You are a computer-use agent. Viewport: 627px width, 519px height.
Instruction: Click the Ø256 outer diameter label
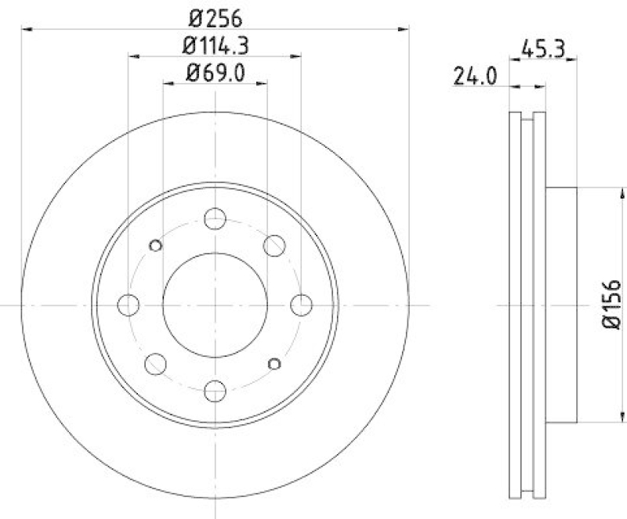pyautogui.click(x=215, y=16)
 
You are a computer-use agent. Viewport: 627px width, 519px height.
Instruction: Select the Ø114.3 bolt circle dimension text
pyautogui.click(x=215, y=45)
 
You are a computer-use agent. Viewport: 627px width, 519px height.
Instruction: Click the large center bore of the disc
pyautogui.click(x=215, y=304)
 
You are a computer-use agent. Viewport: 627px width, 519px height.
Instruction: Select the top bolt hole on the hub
pyautogui.click(x=215, y=218)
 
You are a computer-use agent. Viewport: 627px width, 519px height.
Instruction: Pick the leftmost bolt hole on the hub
pyautogui.click(x=129, y=304)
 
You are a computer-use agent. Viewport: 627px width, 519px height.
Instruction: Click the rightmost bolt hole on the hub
pyautogui.click(x=301, y=304)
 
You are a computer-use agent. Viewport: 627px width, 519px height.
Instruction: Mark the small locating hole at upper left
pyautogui.click(x=155, y=245)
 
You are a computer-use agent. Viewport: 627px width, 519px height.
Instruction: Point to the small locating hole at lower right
pyautogui.click(x=274, y=362)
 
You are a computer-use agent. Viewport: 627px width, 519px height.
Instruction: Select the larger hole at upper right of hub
pyautogui.click(x=274, y=245)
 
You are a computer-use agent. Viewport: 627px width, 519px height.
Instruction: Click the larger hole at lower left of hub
pyautogui.click(x=155, y=363)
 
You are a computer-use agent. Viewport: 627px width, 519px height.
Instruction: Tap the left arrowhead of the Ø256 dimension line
pyautogui.click(x=25, y=29)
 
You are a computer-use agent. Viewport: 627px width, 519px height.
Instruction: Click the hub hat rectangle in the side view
pyautogui.click(x=561, y=304)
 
